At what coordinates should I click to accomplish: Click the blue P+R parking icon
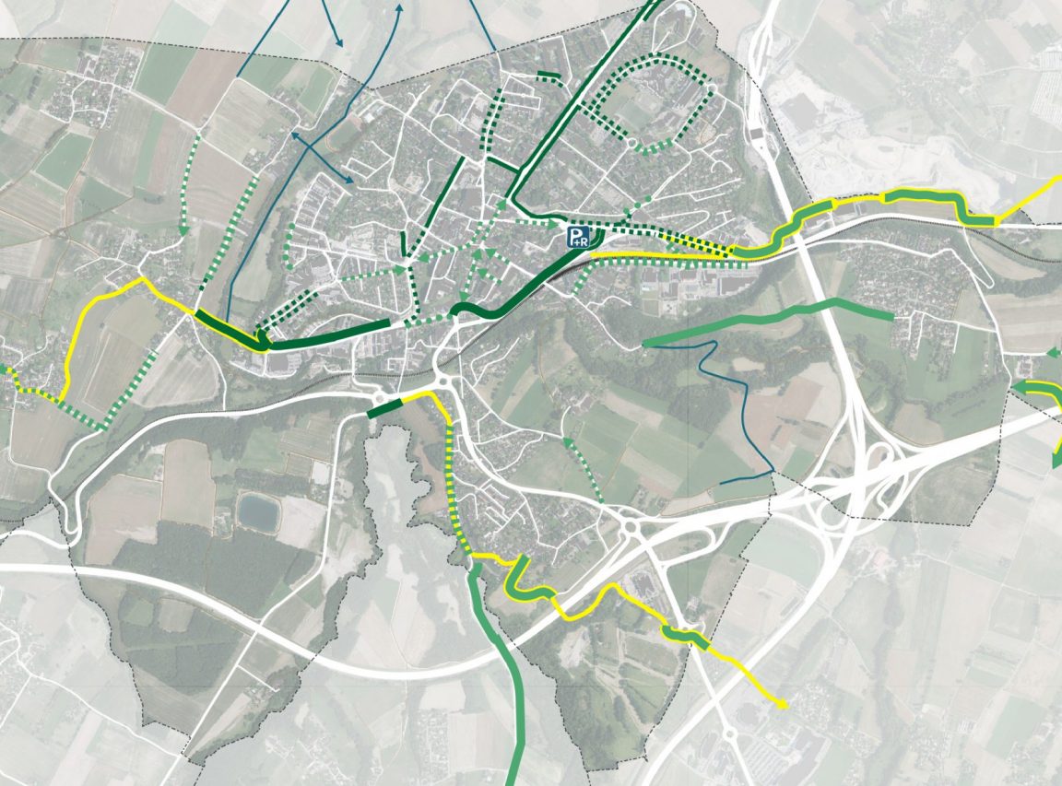click(x=578, y=237)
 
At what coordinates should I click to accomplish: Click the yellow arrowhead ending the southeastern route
click(x=783, y=706)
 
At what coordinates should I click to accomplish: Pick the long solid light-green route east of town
click(x=765, y=319)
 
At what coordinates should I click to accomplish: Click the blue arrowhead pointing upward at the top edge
click(x=400, y=7)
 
